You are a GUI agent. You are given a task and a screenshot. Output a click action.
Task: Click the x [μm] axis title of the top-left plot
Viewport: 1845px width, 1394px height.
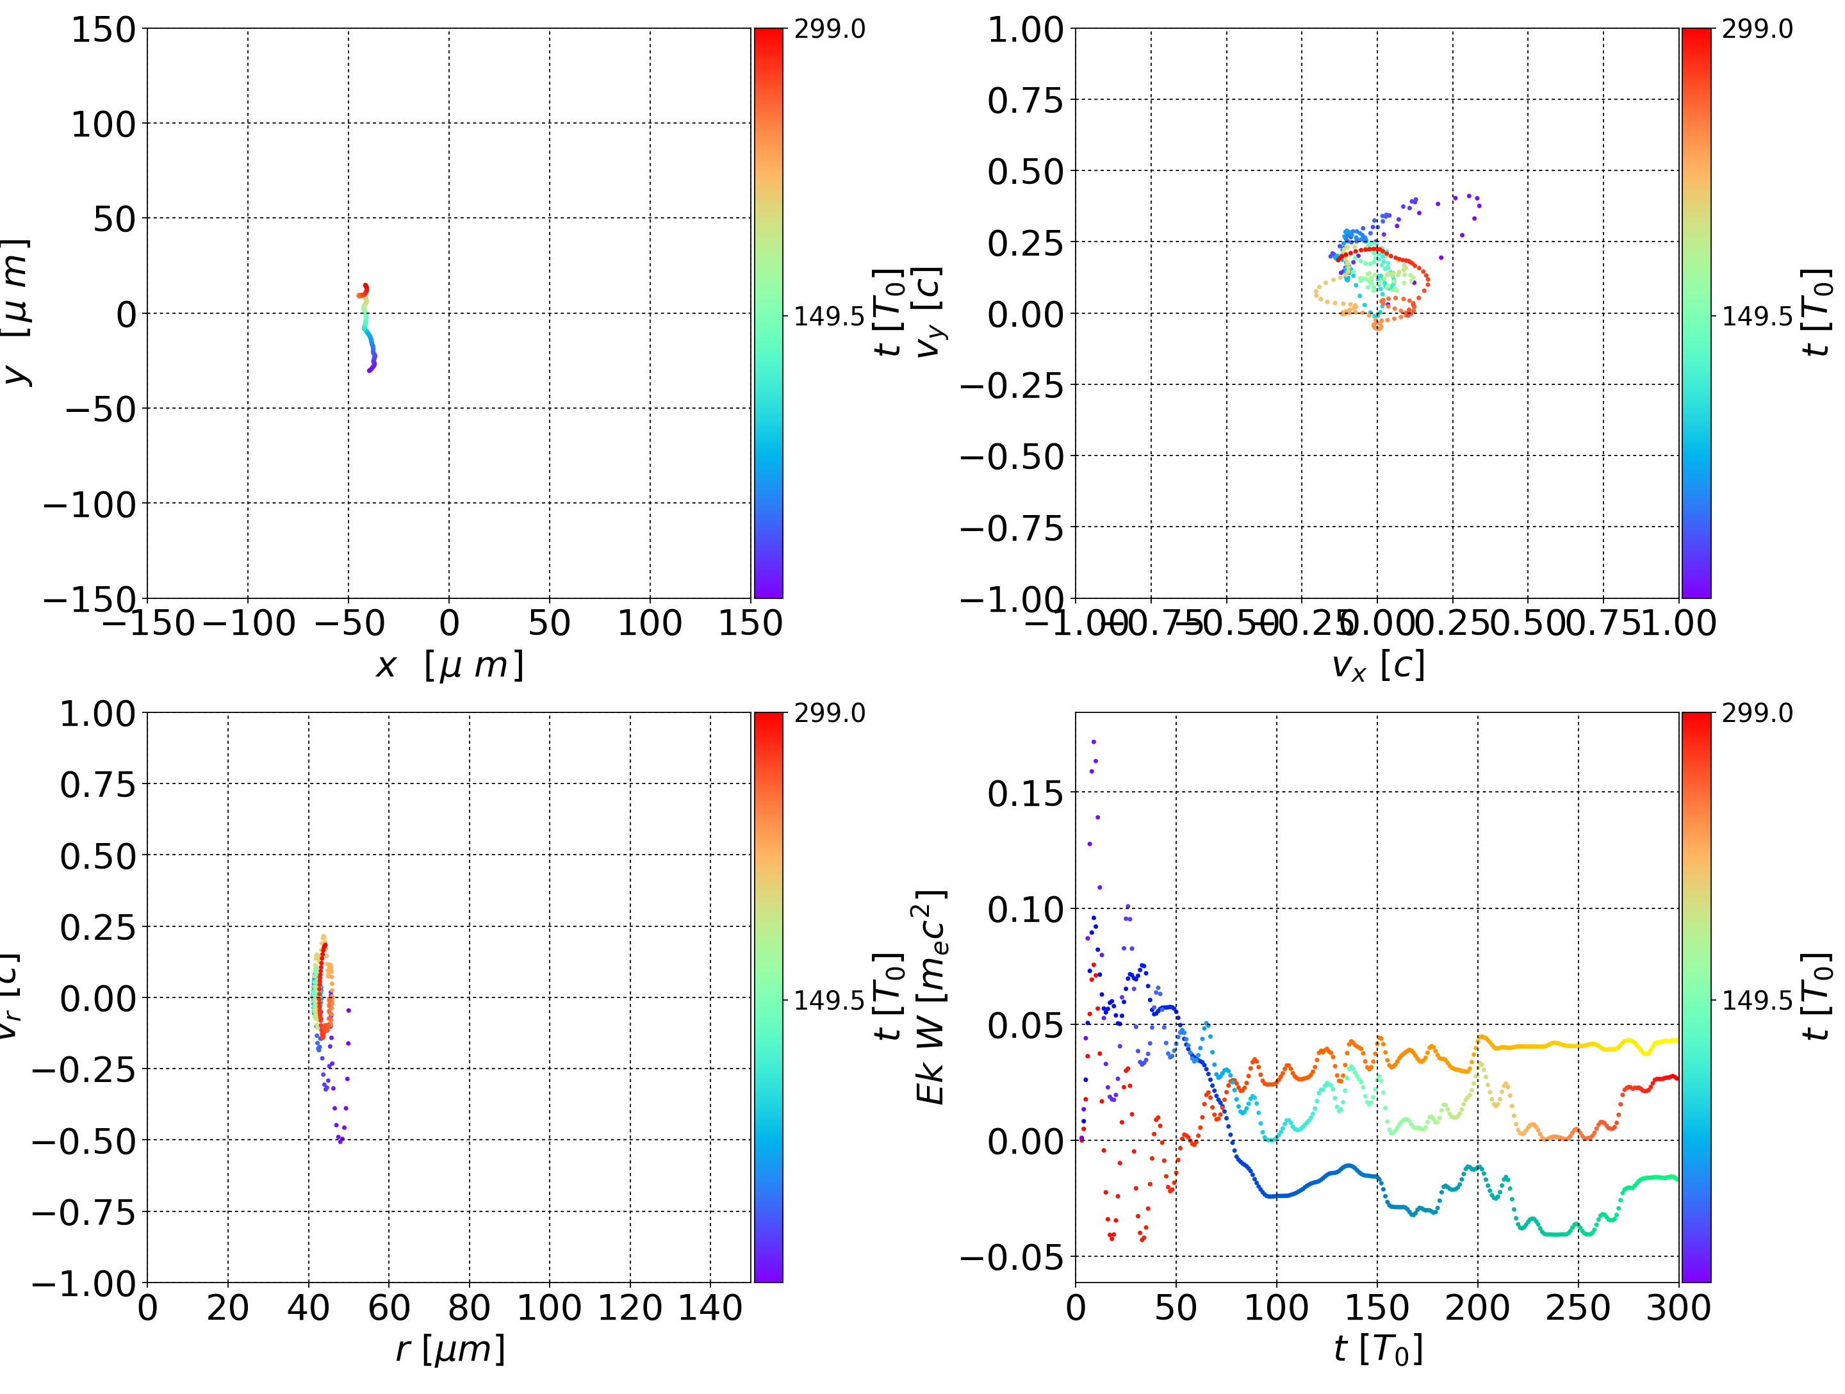pyautogui.click(x=448, y=666)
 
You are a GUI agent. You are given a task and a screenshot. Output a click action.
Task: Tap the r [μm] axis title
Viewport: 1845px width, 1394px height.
pyautogui.click(x=450, y=1349)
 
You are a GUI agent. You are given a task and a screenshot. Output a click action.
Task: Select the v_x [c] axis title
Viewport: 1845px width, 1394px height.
pyautogui.click(x=1377, y=666)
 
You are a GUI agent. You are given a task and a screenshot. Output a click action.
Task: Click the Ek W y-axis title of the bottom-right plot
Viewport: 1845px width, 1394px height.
pyautogui.click(x=931, y=997)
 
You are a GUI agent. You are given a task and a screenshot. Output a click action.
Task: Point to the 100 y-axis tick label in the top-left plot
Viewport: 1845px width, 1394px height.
pyautogui.click(x=102, y=124)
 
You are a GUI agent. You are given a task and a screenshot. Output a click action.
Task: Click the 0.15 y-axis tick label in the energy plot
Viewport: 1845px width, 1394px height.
pyautogui.click(x=1025, y=793)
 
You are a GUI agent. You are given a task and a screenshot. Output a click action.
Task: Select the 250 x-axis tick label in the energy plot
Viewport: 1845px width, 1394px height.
pyautogui.click(x=1577, y=1308)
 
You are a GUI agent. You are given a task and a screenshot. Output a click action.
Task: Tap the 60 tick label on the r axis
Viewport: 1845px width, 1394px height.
pyautogui.click(x=389, y=1308)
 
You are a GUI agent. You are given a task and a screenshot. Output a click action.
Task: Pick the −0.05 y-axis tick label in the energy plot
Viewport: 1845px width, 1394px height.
pyautogui.click(x=1012, y=1257)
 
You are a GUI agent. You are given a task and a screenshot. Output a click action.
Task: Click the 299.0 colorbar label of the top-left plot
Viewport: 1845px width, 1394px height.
pyautogui.click(x=829, y=29)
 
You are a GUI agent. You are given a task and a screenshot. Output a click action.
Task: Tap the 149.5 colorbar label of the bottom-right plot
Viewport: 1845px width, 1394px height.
pyautogui.click(x=1757, y=999)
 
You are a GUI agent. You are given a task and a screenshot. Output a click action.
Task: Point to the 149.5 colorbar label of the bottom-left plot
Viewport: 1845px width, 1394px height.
pyautogui.click(x=829, y=999)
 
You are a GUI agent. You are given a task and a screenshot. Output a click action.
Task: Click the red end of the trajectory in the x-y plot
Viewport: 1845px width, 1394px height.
pyautogui.click(x=365, y=286)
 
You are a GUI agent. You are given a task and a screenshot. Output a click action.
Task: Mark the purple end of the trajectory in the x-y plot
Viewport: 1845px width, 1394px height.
pyautogui.click(x=370, y=370)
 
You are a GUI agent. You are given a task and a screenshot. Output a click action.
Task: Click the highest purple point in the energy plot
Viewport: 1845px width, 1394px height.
pyautogui.click(x=1094, y=741)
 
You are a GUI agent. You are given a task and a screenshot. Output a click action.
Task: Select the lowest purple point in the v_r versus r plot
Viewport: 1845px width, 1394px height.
pyautogui.click(x=340, y=1141)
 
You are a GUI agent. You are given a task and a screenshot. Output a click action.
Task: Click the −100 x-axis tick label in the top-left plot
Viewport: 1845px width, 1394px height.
pyautogui.click(x=249, y=623)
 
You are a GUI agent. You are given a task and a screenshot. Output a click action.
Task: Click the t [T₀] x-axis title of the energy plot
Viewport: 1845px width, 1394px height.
pyautogui.click(x=1377, y=1349)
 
